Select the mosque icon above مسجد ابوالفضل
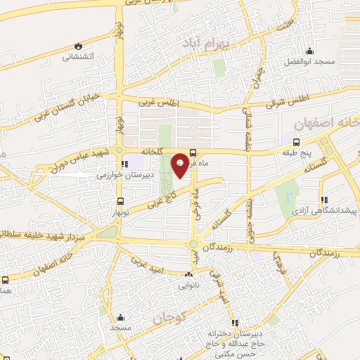310,51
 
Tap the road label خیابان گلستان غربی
67,107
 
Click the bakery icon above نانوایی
188,276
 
